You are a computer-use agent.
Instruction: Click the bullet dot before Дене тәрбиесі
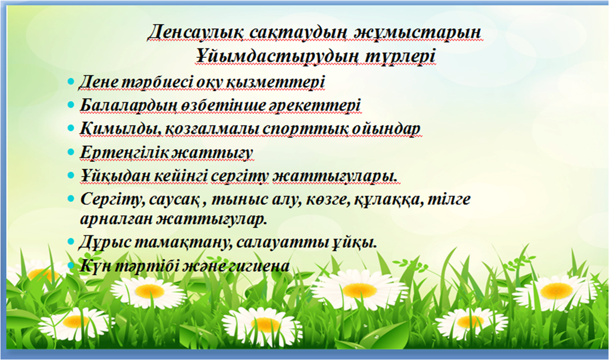[x=71, y=81]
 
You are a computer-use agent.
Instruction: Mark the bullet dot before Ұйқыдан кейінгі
[x=71, y=175]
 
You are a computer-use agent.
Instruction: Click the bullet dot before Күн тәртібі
[x=71, y=265]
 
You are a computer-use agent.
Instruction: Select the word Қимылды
[x=119, y=129]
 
